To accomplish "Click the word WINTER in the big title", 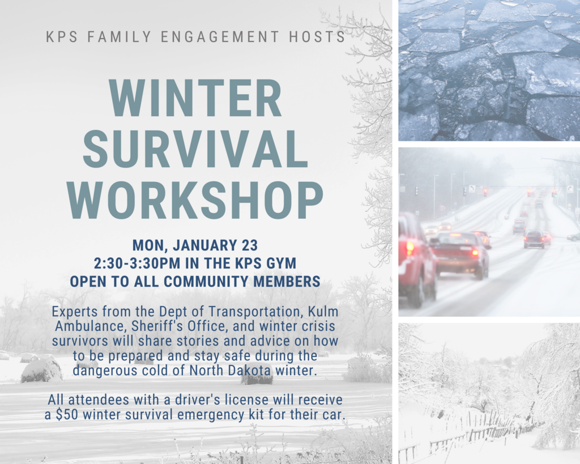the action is tap(196, 99).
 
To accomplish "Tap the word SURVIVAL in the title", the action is tap(195, 150).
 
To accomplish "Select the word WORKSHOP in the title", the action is tap(195, 200).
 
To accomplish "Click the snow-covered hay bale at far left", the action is tap(41, 370).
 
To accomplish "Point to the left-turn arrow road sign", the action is tap(472, 189).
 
